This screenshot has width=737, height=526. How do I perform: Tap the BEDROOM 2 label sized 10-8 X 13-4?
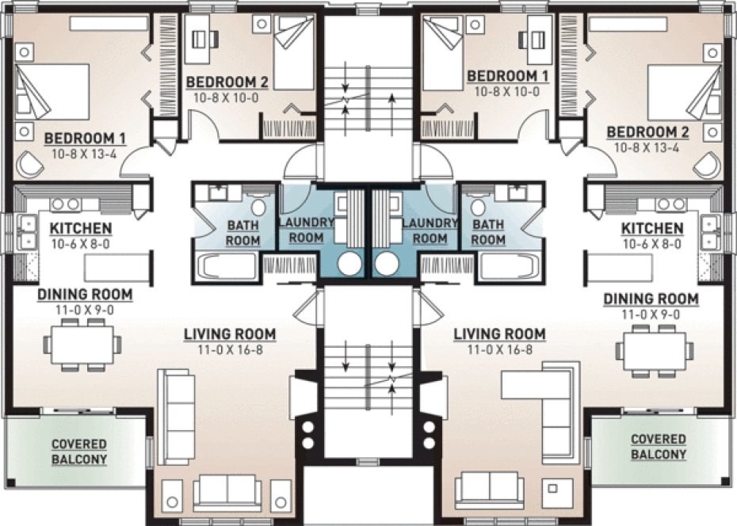[647, 132]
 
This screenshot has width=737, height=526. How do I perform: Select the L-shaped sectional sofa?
[550, 404]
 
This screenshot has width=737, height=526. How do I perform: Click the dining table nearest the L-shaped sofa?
[655, 348]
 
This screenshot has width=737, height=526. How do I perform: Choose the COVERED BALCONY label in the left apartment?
[79, 452]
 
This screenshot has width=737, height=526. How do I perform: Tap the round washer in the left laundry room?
[349, 264]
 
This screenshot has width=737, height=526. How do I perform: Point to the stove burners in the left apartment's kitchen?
[65, 204]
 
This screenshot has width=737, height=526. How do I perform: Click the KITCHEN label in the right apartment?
[653, 229]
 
